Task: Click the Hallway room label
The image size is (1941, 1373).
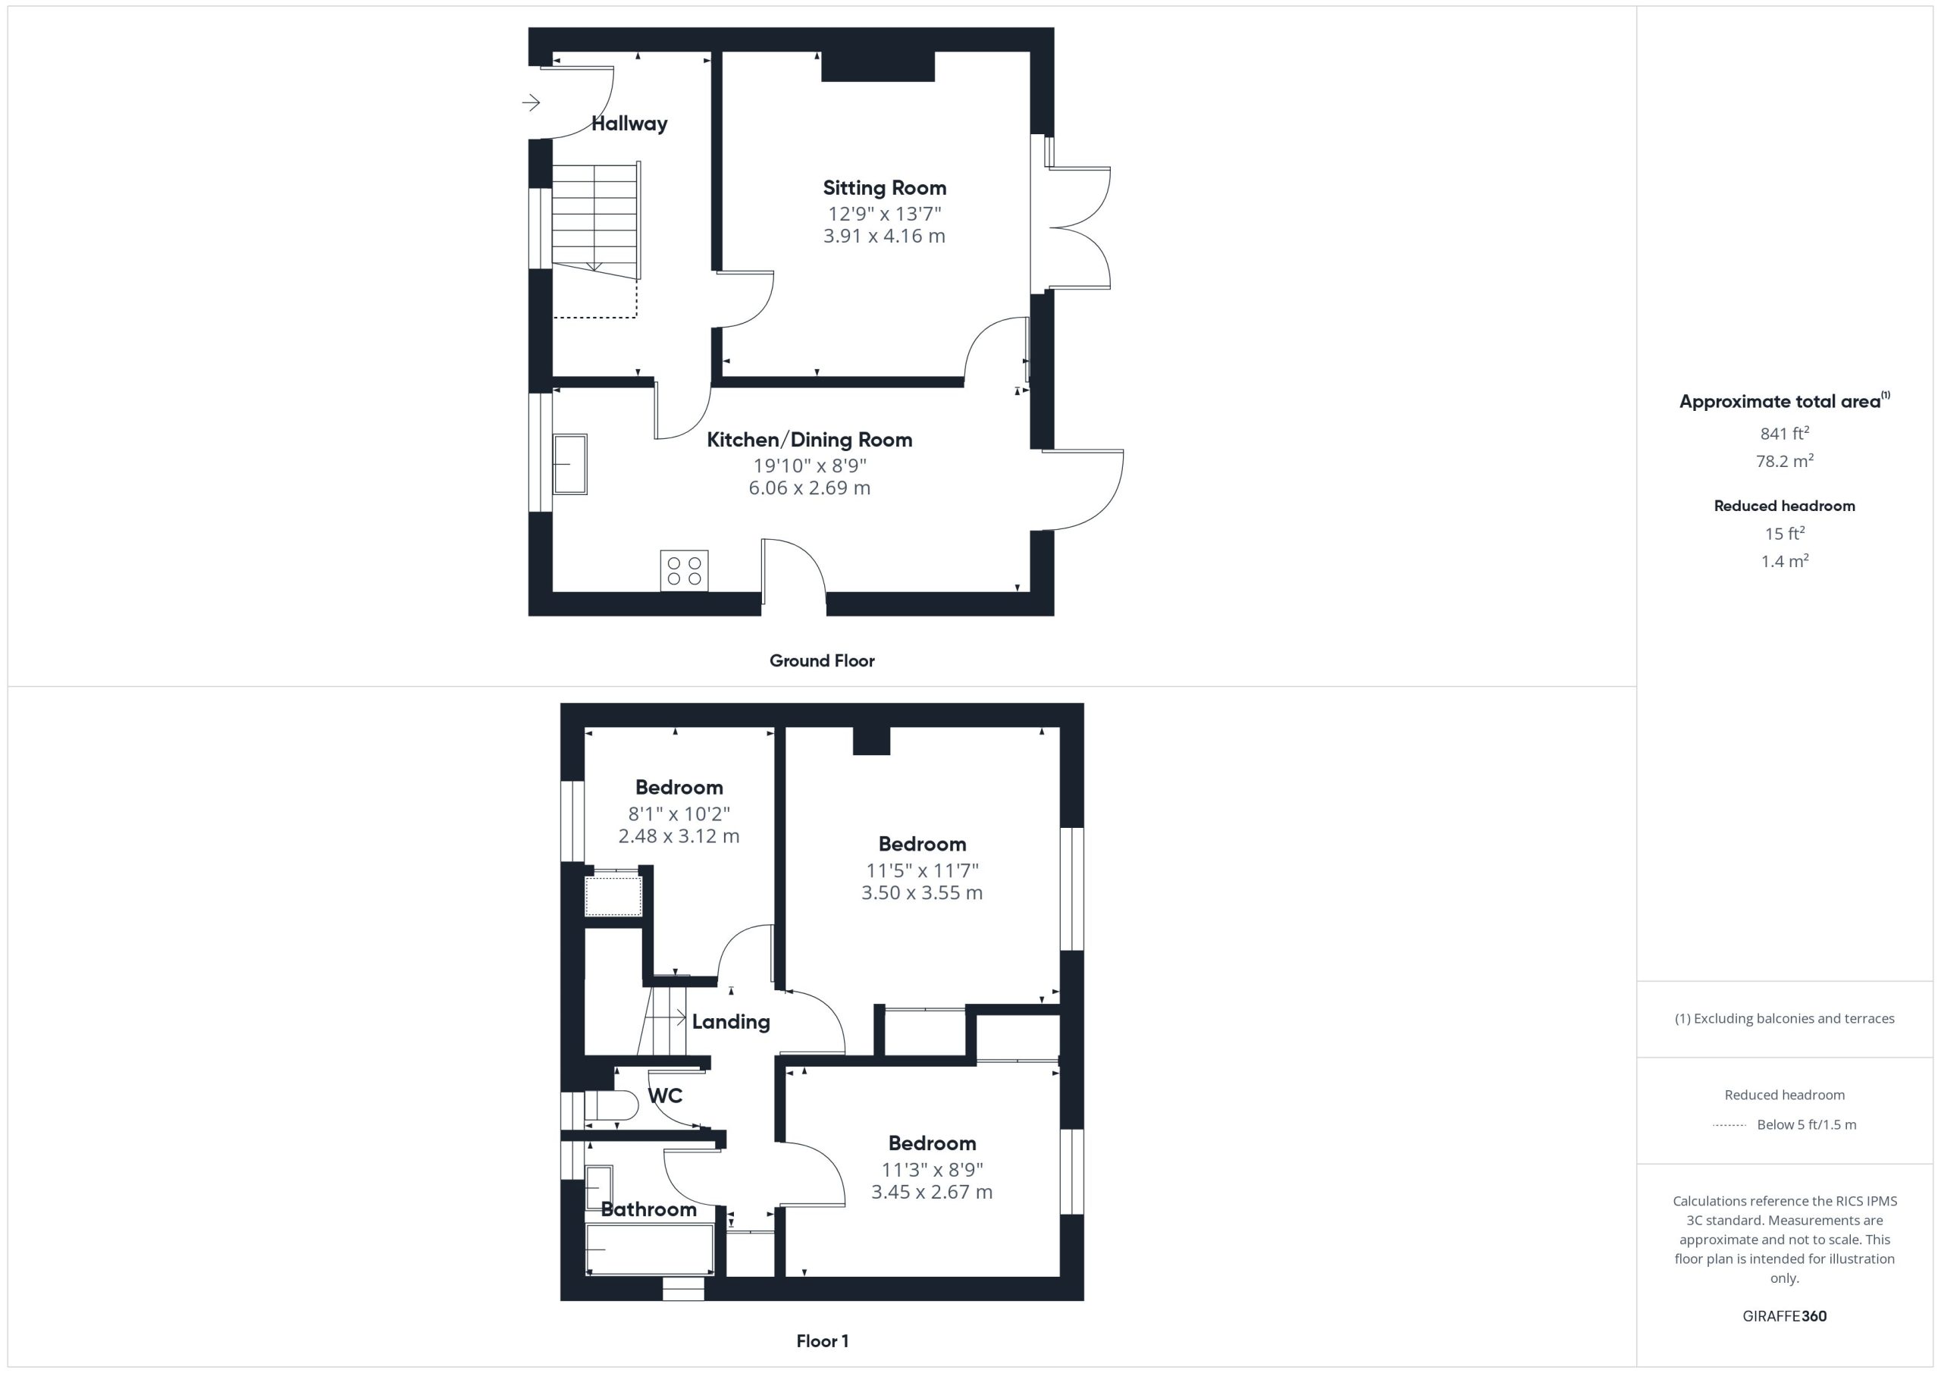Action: (x=629, y=124)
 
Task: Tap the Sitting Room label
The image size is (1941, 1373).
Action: (x=884, y=188)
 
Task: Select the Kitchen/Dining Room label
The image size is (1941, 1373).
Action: (x=809, y=440)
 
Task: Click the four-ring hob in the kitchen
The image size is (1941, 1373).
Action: (x=684, y=571)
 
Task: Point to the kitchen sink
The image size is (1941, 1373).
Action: (x=569, y=464)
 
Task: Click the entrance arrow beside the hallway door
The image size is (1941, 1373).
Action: (x=531, y=103)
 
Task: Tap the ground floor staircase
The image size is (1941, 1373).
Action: (x=595, y=221)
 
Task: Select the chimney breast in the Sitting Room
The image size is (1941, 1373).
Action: (x=877, y=67)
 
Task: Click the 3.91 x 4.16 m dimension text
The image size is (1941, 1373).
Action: (x=884, y=236)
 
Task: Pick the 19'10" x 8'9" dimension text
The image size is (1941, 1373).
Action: (x=810, y=466)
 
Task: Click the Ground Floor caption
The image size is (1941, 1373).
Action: (x=822, y=660)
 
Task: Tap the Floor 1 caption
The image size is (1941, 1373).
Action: (x=822, y=1341)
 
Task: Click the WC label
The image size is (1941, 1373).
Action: (x=664, y=1096)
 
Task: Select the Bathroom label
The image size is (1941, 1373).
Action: (x=648, y=1209)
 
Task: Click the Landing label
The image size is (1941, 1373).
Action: (x=730, y=1021)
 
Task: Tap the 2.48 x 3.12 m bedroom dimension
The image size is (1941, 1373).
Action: (x=679, y=836)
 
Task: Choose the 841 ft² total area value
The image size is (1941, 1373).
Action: (x=1784, y=433)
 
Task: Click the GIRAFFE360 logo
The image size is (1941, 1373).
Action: (x=1784, y=1315)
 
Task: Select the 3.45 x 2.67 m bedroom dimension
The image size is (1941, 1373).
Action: (x=932, y=1192)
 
